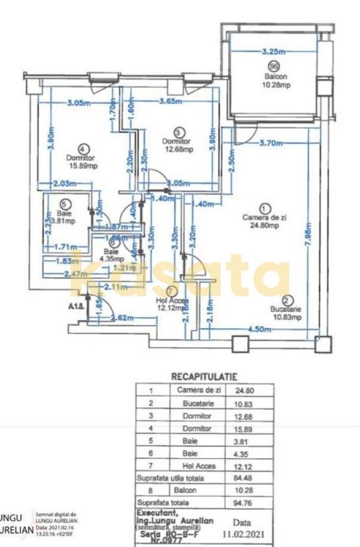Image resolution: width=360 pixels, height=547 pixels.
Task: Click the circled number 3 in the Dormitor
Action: [x=177, y=132]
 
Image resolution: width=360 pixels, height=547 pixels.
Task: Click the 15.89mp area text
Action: [x=83, y=167]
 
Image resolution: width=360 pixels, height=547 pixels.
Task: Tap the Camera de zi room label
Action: [x=261, y=217]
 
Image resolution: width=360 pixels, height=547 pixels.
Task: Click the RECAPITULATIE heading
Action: [x=204, y=377]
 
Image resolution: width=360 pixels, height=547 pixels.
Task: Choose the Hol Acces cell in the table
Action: [x=199, y=465]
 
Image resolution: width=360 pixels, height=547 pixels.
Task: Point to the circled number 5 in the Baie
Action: [x=65, y=204]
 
